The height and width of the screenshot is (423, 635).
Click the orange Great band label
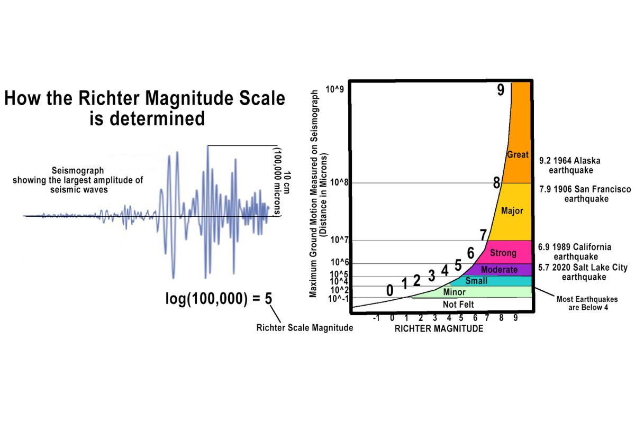[x=518, y=155]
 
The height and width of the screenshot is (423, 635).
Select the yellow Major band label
[x=512, y=211]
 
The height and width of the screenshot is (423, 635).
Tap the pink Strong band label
[x=499, y=253]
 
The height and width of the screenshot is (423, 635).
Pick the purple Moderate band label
[x=499, y=270]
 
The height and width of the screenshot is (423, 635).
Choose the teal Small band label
[x=476, y=281]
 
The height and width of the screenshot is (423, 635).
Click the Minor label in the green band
[x=454, y=292]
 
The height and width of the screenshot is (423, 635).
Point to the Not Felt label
[x=458, y=305]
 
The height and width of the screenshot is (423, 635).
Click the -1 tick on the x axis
[x=376, y=318]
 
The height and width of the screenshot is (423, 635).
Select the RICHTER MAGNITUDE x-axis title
[x=439, y=329]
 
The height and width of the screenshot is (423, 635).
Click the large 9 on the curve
[x=501, y=90]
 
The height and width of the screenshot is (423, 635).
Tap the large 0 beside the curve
[x=390, y=291]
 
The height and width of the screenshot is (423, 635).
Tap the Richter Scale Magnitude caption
[x=304, y=328]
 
